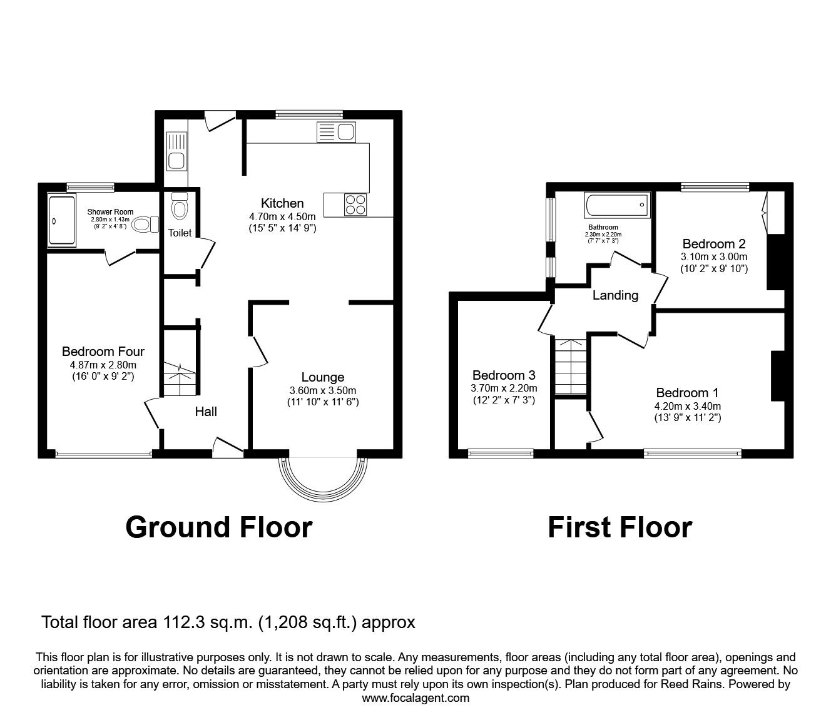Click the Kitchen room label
(282, 203)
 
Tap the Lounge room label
(323, 377)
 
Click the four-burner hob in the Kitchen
(355, 204)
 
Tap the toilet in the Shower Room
(146, 223)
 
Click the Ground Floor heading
(218, 527)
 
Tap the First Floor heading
(619, 527)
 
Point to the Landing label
(615, 295)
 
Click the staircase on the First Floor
(571, 366)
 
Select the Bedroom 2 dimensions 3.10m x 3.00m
(714, 256)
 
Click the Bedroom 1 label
(687, 393)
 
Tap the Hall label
(206, 411)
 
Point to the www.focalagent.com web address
(415, 698)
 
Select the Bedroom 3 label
(504, 375)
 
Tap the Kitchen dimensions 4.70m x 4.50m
(282, 216)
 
